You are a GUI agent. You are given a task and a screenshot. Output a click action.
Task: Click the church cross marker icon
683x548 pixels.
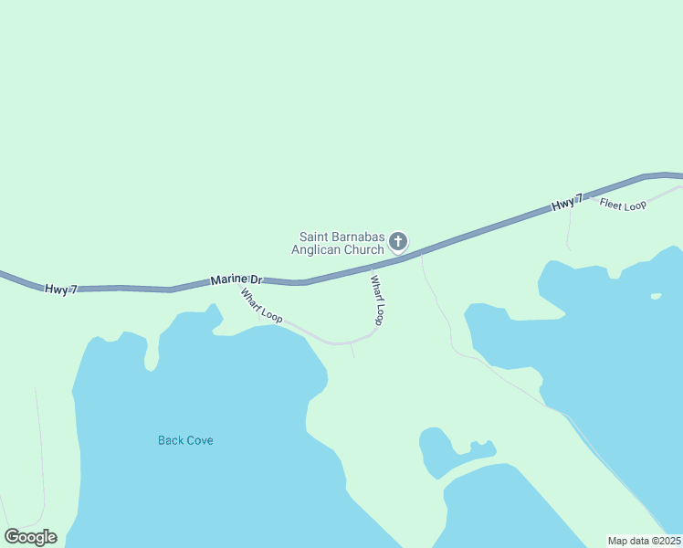click(398, 242)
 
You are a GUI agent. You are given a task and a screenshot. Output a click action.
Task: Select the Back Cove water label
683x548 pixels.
click(185, 440)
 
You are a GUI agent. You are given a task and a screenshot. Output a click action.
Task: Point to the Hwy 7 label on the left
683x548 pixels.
click(61, 289)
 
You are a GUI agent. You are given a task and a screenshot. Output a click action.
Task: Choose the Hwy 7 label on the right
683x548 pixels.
click(567, 205)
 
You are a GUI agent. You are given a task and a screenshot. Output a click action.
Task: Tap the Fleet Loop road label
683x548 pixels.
click(623, 205)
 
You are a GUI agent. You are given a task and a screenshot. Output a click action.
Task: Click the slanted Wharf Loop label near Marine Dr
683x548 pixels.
click(261, 305)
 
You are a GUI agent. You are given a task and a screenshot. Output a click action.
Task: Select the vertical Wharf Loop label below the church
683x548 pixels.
click(376, 300)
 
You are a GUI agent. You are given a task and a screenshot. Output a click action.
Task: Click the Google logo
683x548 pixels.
click(30, 537)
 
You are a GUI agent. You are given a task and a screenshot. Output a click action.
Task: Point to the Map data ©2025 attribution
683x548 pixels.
click(645, 541)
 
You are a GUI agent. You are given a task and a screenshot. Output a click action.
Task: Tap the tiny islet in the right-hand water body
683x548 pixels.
click(656, 296)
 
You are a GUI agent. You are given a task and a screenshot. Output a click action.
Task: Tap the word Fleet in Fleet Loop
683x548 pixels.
click(611, 204)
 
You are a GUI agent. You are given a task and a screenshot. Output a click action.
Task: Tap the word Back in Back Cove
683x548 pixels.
click(170, 440)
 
